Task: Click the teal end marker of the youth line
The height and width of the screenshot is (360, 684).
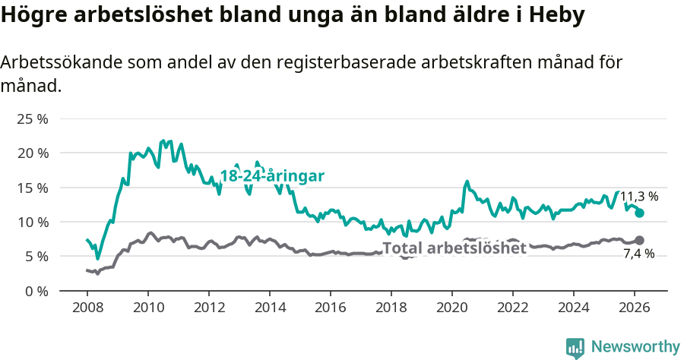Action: click(639, 213)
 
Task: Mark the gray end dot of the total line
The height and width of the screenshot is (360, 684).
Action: click(639, 240)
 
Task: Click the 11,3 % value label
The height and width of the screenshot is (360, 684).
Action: click(639, 197)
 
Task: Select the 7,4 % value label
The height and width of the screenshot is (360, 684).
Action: click(638, 254)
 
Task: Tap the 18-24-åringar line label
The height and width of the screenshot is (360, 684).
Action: click(272, 176)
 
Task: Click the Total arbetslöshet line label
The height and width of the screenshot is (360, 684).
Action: click(454, 248)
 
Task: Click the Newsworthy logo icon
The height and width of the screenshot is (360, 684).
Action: click(575, 347)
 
